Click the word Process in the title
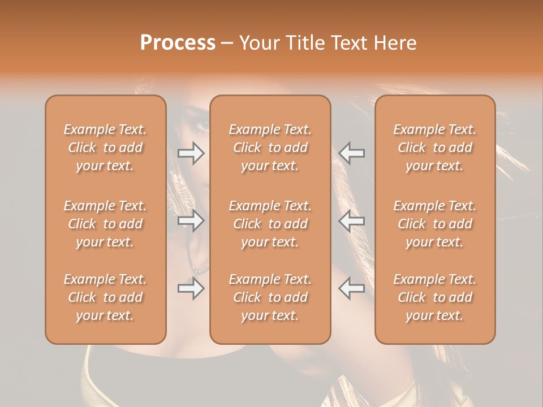click(x=178, y=43)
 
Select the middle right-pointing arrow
click(x=191, y=220)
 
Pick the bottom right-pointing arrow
click(x=191, y=288)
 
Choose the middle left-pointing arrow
click(x=352, y=220)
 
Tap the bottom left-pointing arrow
click(x=352, y=288)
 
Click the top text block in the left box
click(x=105, y=148)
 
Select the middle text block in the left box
click(x=105, y=224)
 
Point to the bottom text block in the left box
click(x=105, y=297)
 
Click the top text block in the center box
click(x=270, y=148)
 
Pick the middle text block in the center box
click(x=270, y=224)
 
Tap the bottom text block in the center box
click(x=270, y=297)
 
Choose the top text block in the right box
click(x=434, y=148)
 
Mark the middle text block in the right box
click(x=434, y=224)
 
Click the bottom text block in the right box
click(x=434, y=297)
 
